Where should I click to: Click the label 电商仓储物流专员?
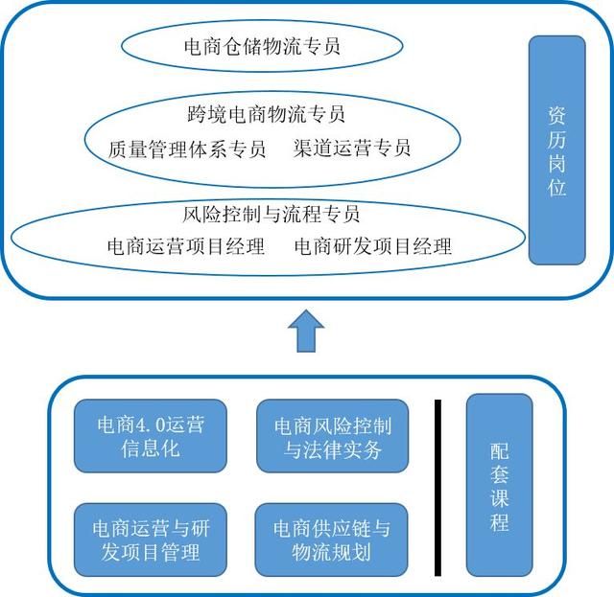[x=262, y=46]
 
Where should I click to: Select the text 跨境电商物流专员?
[x=266, y=114]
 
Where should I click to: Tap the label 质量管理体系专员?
[x=187, y=149]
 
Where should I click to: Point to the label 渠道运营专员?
[x=352, y=148]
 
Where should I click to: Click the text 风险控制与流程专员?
[x=271, y=214]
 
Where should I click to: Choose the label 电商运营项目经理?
[x=185, y=246]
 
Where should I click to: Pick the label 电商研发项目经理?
[x=373, y=246]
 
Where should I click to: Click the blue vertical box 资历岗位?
[x=556, y=150]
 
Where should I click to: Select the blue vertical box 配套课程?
[x=499, y=485]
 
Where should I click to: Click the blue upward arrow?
[x=306, y=331]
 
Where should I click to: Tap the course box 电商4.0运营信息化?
[x=151, y=436]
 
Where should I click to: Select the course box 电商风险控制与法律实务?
[x=333, y=436]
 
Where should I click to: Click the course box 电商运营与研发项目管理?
[x=151, y=540]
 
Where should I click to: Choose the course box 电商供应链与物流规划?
[x=331, y=540]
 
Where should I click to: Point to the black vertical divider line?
[x=437, y=488]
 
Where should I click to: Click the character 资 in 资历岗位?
[x=556, y=116]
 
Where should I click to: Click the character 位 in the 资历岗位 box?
[x=556, y=187]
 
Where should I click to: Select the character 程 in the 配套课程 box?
[x=500, y=522]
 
